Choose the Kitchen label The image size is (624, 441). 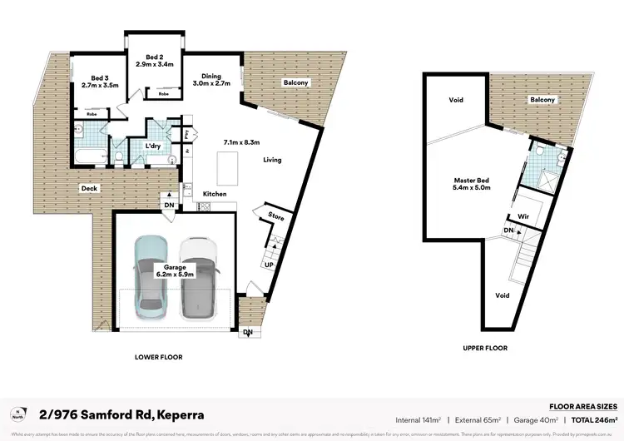[x=215, y=195]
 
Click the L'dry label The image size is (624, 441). [x=153, y=146]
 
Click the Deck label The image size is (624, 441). [x=89, y=188]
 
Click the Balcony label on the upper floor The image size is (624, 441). [x=542, y=100]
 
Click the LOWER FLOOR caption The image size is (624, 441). [x=158, y=356]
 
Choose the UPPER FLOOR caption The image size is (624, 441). [x=483, y=348]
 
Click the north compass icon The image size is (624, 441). [x=18, y=414]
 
